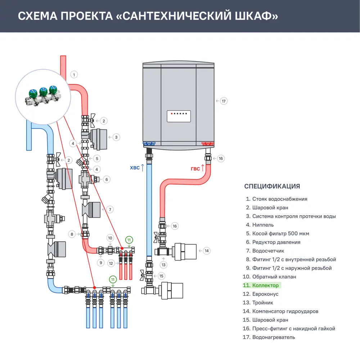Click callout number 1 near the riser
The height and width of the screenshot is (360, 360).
(x=74, y=75)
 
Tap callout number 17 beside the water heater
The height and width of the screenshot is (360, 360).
(x=224, y=101)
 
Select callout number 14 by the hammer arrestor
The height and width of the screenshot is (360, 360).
(x=206, y=251)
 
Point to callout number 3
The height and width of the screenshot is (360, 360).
(x=116, y=137)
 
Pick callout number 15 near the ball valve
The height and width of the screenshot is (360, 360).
(x=161, y=276)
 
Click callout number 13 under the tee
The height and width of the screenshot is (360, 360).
(x=164, y=265)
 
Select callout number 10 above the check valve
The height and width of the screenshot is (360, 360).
(x=110, y=238)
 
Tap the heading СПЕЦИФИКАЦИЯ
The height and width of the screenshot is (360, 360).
(x=272, y=186)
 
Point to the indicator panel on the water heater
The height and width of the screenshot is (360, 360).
(x=178, y=116)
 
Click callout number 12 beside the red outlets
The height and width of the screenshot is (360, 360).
(x=111, y=263)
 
